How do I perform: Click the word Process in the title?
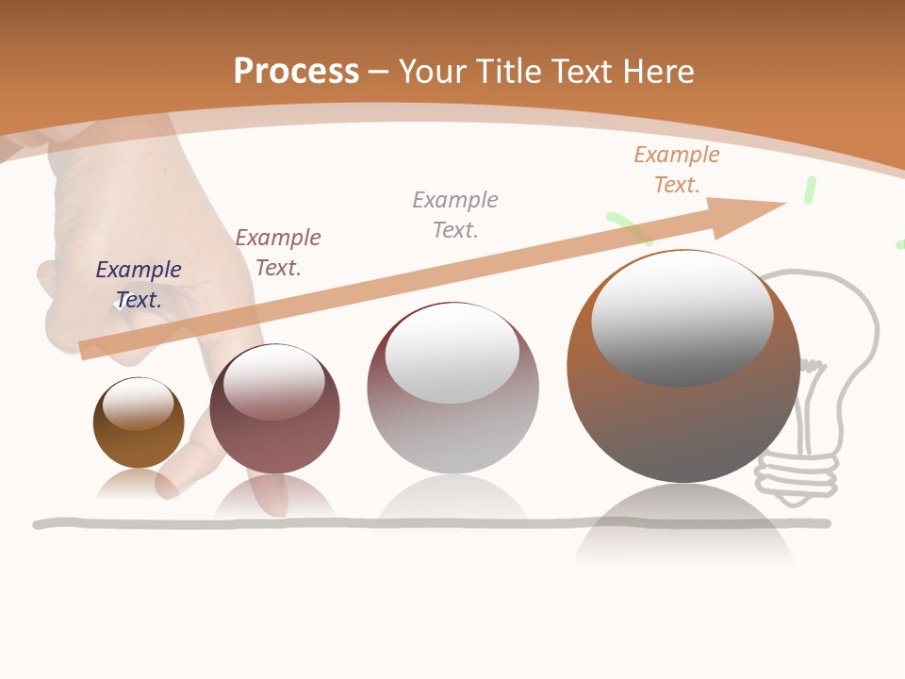[296, 72]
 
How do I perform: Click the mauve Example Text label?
[278, 253]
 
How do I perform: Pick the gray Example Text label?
[455, 215]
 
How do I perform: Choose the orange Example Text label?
[677, 170]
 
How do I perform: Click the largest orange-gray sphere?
[683, 424]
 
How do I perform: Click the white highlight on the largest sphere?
[683, 317]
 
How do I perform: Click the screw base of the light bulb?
[798, 472]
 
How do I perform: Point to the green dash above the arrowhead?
[809, 189]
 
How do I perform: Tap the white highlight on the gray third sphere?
[452, 353]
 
